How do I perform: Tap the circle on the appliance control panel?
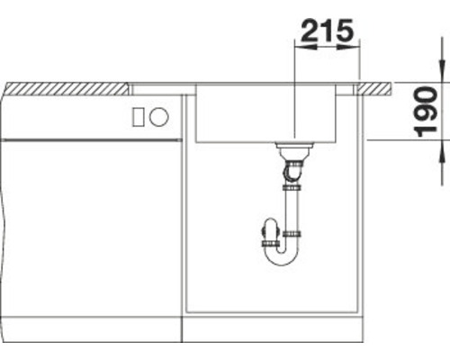tap(158, 117)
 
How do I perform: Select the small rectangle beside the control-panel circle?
tap(138, 117)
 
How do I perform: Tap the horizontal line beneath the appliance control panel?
tap(90, 140)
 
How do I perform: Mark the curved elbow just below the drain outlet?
tap(292, 169)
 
